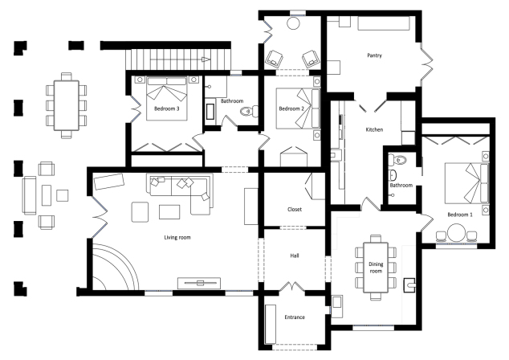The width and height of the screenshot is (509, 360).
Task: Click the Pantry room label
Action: pyautogui.click(x=374, y=55)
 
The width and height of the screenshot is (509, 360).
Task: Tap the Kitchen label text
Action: pyautogui.click(x=374, y=129)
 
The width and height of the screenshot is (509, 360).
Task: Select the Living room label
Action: pyautogui.click(x=177, y=238)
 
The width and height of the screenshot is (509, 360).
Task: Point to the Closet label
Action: pyautogui.click(x=295, y=210)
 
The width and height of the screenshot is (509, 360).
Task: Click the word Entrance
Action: pyautogui.click(x=295, y=317)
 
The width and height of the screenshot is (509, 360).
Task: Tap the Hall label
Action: pyautogui.click(x=295, y=256)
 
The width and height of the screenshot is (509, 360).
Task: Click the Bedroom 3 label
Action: pyautogui.click(x=166, y=108)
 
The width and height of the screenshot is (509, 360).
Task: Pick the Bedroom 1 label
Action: pyautogui.click(x=460, y=215)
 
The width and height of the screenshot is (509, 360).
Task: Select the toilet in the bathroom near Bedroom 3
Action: pyautogui.click(x=249, y=112)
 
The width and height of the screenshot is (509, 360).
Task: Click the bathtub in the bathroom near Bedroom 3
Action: pyautogui.click(x=210, y=112)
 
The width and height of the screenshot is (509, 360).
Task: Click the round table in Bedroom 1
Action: pyautogui.click(x=457, y=233)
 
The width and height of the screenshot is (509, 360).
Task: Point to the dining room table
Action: pyautogui.click(x=376, y=268)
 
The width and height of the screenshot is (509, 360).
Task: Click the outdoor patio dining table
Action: pyautogui.click(x=66, y=105)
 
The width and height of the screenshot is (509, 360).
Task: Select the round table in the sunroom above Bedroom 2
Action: pyautogui.click(x=294, y=23)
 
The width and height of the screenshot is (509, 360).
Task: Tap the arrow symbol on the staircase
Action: pyautogui.click(x=206, y=59)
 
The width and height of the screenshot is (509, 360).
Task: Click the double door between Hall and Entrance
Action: pyautogui.click(x=291, y=286)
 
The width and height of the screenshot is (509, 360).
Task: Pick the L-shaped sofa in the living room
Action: pyautogui.click(x=181, y=194)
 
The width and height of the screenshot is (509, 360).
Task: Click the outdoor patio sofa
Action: pyautogui.click(x=29, y=195)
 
